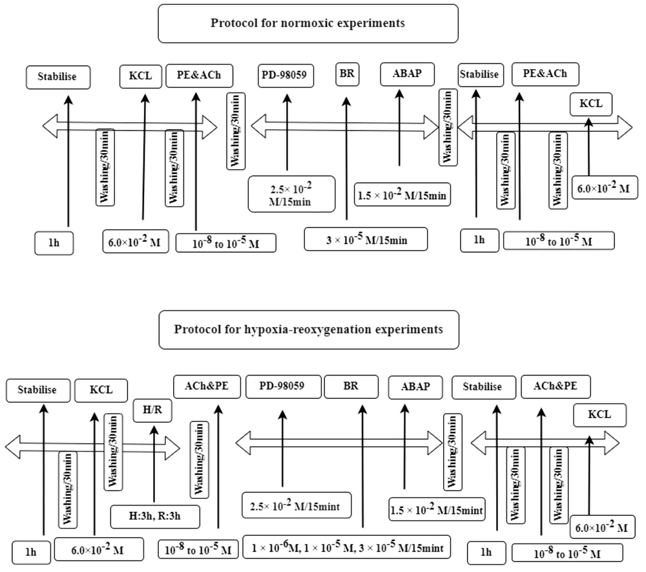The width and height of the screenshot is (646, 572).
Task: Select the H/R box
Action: pyautogui.click(x=152, y=410)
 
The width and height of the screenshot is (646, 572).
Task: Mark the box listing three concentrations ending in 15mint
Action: pyautogui.click(x=347, y=547)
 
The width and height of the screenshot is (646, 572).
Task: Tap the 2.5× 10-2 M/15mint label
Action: pyautogui.click(x=296, y=505)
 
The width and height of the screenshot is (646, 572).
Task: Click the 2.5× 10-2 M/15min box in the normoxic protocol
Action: pyautogui.click(x=291, y=194)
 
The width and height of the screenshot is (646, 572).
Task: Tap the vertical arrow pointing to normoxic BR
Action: pyautogui.click(x=346, y=162)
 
